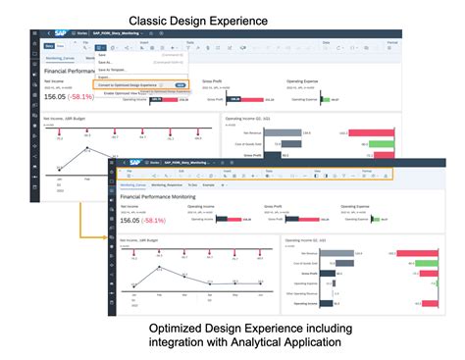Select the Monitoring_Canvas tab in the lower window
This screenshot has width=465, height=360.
(x=135, y=183)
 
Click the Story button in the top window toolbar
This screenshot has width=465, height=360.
(x=49, y=45)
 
